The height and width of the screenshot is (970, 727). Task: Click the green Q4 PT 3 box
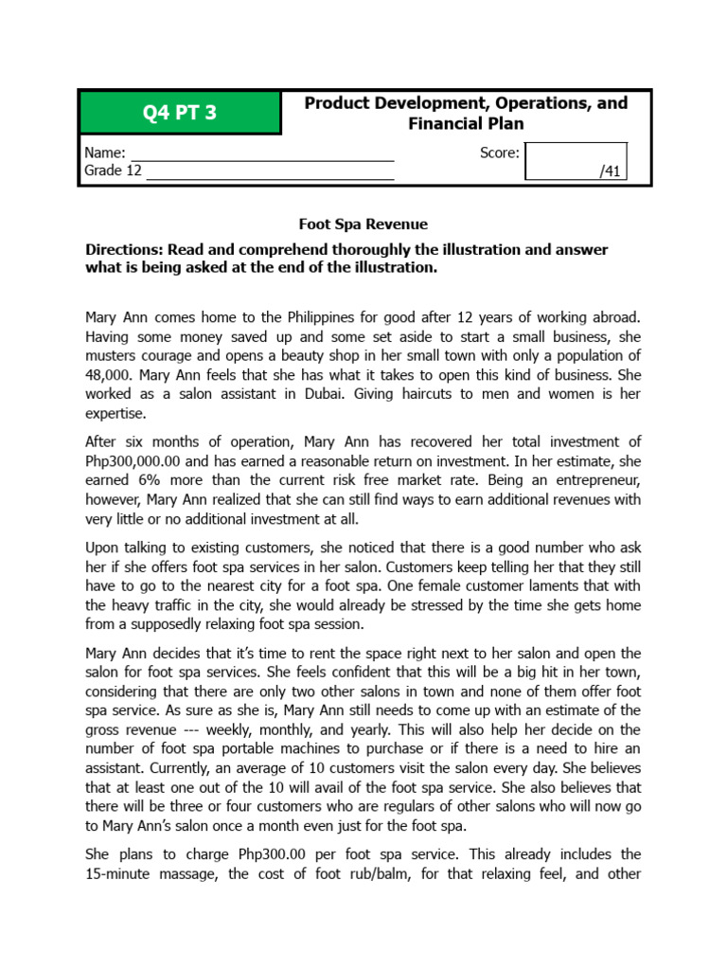(180, 113)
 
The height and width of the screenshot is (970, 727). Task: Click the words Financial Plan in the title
(466, 123)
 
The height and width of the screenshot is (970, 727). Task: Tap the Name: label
(104, 153)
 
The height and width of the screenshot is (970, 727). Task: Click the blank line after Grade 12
(270, 171)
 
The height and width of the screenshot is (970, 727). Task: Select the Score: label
(500, 153)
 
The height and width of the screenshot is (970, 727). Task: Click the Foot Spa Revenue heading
(363, 225)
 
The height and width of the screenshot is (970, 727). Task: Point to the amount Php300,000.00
(134, 461)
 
